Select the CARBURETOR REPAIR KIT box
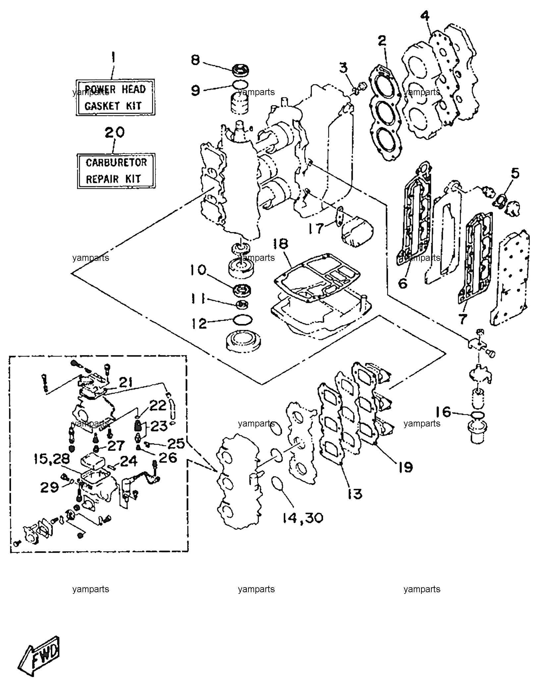coord(116,171)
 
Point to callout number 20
coord(115,133)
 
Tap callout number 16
coord(443,412)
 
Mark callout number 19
coord(403,467)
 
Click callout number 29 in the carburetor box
coord(49,487)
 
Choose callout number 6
coord(403,284)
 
